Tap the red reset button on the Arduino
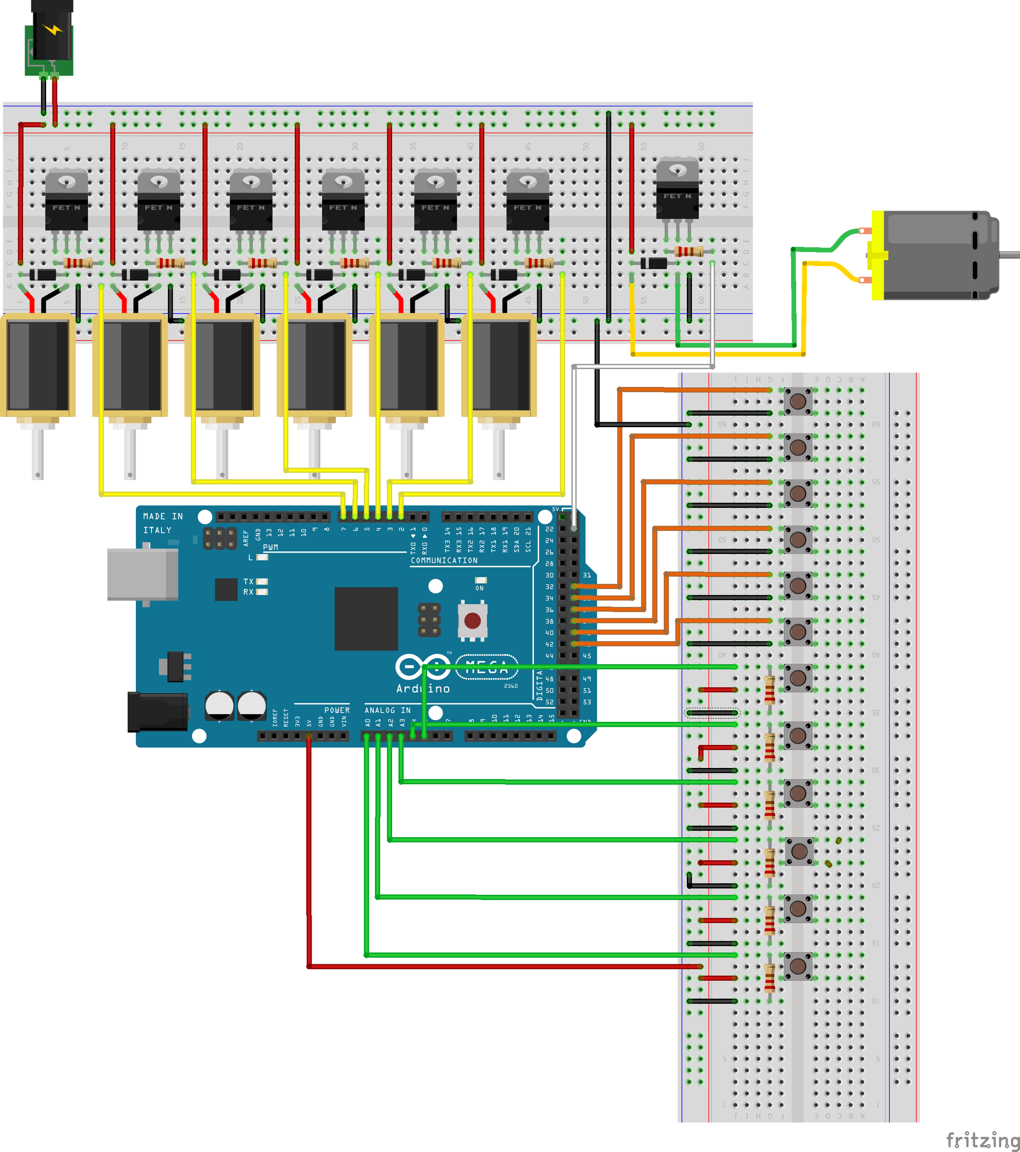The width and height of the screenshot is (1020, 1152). (472, 621)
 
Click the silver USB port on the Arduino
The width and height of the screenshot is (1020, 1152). (143, 574)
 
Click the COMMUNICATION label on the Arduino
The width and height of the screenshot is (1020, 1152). (444, 560)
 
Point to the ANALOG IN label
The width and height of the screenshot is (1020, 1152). (387, 710)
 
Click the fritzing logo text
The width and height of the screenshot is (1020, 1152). (982, 1139)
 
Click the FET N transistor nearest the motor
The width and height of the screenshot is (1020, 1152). (677, 189)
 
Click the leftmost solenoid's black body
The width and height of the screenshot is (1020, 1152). (38, 365)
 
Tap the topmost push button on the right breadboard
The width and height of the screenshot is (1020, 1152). (798, 401)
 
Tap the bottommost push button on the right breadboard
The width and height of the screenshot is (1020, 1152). (798, 967)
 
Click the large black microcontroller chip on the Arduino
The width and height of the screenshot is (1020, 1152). (366, 618)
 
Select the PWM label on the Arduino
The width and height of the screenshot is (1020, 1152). (271, 547)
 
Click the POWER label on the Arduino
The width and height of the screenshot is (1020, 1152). (336, 710)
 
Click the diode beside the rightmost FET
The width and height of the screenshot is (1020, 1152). (654, 263)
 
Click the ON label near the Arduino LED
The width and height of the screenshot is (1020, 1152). (480, 588)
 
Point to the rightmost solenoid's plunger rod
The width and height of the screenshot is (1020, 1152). (499, 454)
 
